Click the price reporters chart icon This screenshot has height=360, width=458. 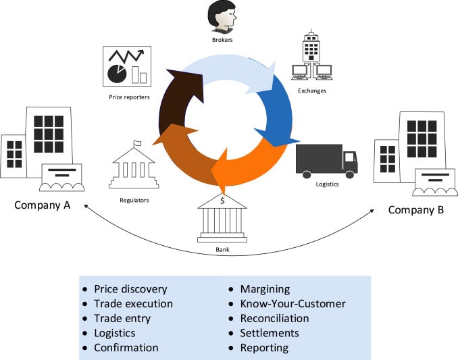click(x=126, y=66)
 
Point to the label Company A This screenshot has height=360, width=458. click(x=43, y=205)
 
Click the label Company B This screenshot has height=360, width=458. click(x=415, y=210)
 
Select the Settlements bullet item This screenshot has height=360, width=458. click(x=269, y=333)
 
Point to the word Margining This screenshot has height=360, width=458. click(x=265, y=288)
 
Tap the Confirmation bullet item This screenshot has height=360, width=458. click(x=126, y=348)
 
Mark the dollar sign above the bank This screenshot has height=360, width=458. click(x=222, y=200)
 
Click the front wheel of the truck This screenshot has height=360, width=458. click(x=349, y=175)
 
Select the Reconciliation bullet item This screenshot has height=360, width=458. click(x=274, y=318)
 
